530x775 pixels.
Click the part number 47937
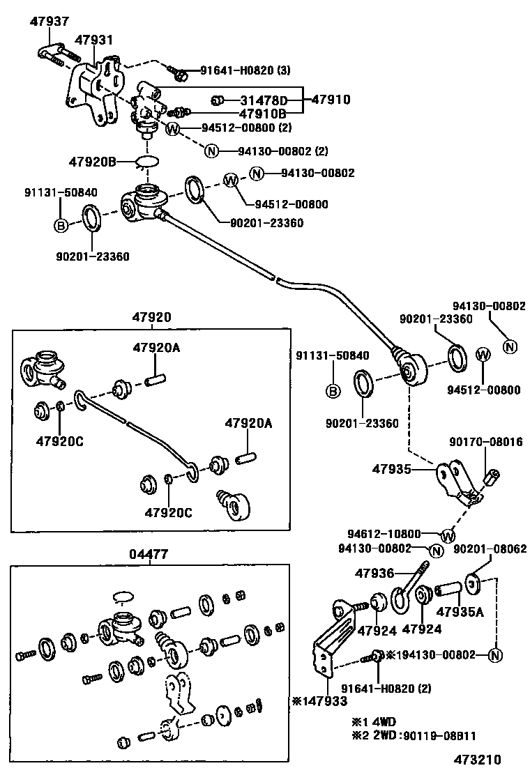pos(49,22)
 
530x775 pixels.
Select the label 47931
pos(93,40)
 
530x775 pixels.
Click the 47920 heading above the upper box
pos(151,317)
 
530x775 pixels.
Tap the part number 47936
pos(375,574)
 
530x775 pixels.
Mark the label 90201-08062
pos(490,549)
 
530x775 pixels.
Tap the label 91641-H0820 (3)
pos(245,70)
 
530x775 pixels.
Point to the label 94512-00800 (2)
pos(246,128)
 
